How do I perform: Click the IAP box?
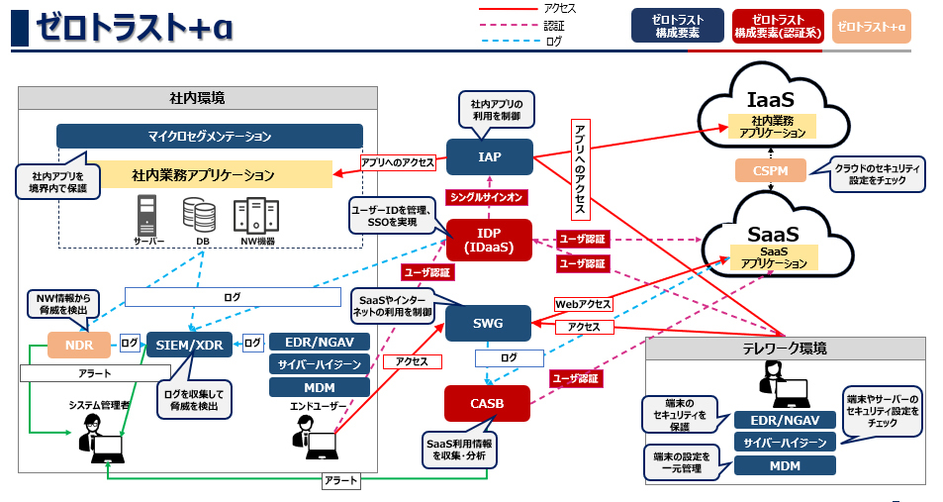[489, 156]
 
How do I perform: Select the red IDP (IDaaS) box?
[489, 241]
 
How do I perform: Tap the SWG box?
[489, 323]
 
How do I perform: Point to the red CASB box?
[487, 403]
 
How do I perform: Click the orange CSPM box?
[770, 170]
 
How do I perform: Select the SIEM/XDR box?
[190, 344]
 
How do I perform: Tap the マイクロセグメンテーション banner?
[210, 136]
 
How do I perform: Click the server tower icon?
[148, 215]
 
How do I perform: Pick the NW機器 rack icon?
[254, 215]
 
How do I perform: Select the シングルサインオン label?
[487, 197]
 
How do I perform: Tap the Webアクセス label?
[583, 304]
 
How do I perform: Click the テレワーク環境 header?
[785, 349]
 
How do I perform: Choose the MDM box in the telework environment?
[785, 465]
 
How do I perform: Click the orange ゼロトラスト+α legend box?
[872, 26]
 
